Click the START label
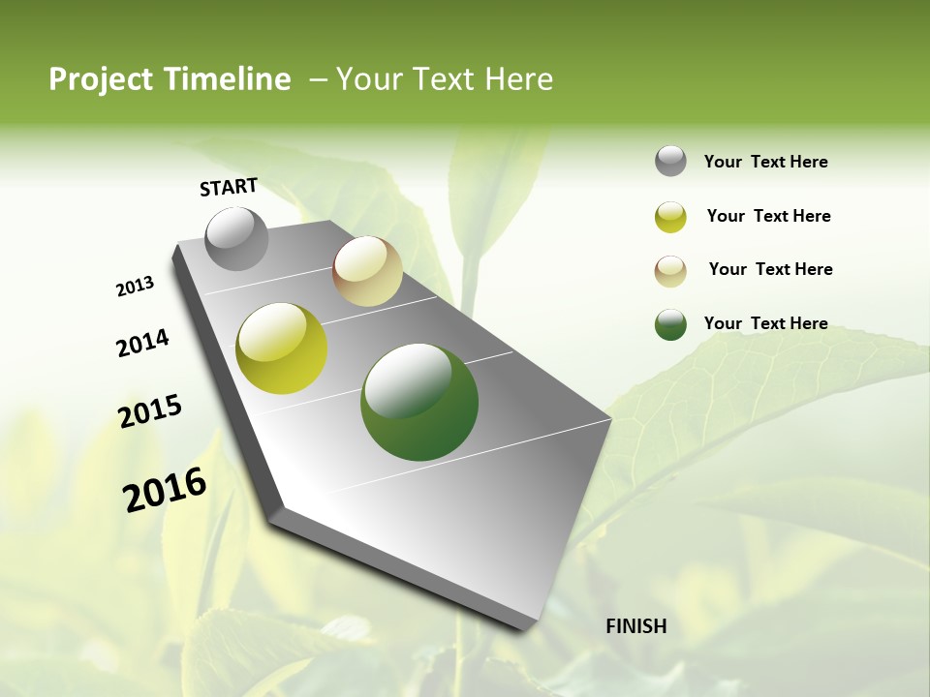[x=229, y=187]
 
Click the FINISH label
[x=635, y=626]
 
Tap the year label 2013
[x=135, y=287]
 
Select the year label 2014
[x=142, y=344]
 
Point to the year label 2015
[x=150, y=411]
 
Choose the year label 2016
[x=165, y=490]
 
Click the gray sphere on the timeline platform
[x=236, y=238]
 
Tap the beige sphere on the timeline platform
[x=367, y=271]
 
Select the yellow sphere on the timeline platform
[x=281, y=348]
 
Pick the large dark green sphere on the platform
[x=418, y=402]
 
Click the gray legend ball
[x=670, y=162]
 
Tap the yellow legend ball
[x=670, y=217]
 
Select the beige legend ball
[x=670, y=270]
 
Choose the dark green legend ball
[x=670, y=324]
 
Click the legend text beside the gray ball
[x=765, y=163]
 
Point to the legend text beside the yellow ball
[x=768, y=216]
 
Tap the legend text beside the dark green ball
[x=765, y=323]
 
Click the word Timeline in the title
[x=229, y=79]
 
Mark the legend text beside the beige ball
[x=770, y=269]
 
